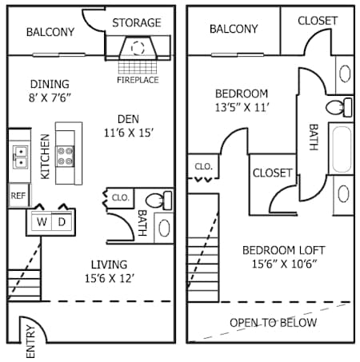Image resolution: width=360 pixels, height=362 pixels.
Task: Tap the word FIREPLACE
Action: pyautogui.click(x=137, y=80)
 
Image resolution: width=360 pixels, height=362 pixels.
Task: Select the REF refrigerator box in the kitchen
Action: pyautogui.click(x=18, y=194)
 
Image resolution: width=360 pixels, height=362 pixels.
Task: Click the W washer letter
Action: pyautogui.click(x=42, y=221)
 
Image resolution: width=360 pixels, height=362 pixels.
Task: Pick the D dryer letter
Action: pyautogui.click(x=62, y=221)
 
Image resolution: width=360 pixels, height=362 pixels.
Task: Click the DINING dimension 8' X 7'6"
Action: pyautogui.click(x=50, y=100)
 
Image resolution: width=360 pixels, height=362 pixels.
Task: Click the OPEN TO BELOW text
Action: pyautogui.click(x=273, y=323)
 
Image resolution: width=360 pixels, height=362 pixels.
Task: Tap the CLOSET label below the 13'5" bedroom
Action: pyautogui.click(x=273, y=173)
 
